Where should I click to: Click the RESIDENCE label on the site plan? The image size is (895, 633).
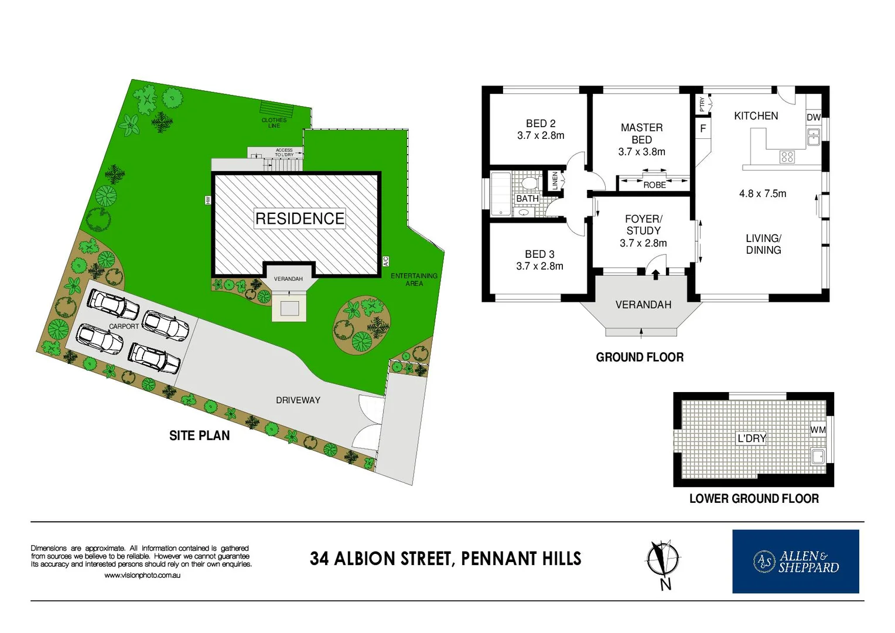tap(300, 219)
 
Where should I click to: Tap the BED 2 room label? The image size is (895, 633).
tap(541, 124)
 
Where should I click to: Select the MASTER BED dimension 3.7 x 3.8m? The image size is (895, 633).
tap(641, 152)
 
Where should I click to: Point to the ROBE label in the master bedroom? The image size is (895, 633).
tap(654, 185)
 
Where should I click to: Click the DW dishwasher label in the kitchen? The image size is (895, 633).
tap(814, 117)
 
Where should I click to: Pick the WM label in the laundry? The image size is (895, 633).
tap(818, 430)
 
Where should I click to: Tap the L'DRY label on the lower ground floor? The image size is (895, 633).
tap(751, 438)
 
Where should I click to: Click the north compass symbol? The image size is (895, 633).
tap(663, 560)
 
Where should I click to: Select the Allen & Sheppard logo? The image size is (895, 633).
tap(795, 561)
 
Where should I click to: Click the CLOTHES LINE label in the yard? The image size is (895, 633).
tap(274, 123)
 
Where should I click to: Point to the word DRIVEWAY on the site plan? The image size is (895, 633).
tap(298, 400)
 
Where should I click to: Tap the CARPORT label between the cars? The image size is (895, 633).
tap(124, 326)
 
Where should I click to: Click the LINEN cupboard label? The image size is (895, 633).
tap(555, 181)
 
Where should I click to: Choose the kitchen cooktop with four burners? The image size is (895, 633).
tap(787, 156)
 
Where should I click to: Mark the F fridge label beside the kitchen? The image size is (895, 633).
tap(703, 128)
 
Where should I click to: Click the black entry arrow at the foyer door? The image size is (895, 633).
tap(655, 273)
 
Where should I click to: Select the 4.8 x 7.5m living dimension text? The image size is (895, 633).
tap(763, 193)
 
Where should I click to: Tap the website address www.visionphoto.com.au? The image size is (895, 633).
tap(142, 576)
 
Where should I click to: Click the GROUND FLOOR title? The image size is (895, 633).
tap(640, 357)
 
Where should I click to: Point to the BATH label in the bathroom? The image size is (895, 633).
tap(527, 199)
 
